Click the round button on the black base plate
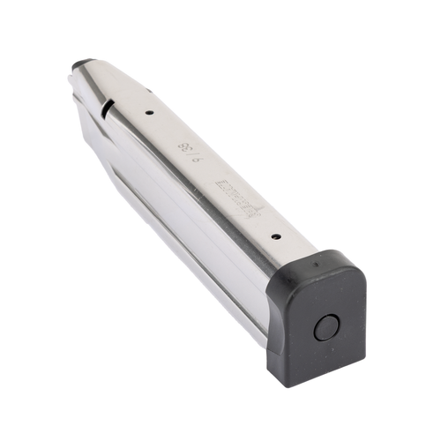pos(325,329)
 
